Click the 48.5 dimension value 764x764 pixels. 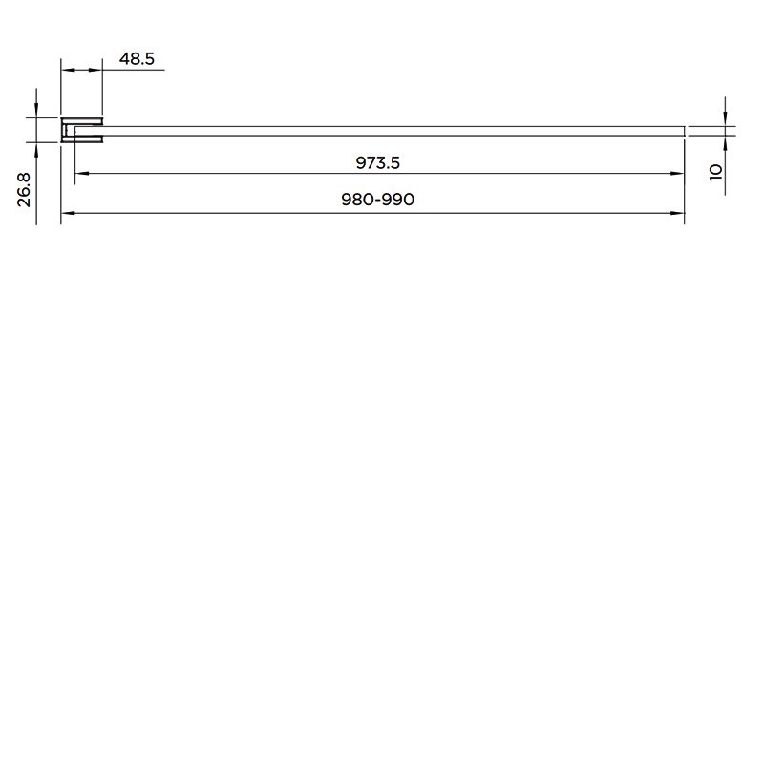[x=137, y=59]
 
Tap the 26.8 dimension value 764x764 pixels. [x=24, y=189]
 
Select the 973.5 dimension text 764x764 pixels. [x=377, y=162]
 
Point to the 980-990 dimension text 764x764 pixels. [x=377, y=200]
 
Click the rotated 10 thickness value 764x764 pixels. [x=715, y=172]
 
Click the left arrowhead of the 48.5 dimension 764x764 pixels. [x=68, y=70]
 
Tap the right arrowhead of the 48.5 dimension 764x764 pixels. [x=95, y=70]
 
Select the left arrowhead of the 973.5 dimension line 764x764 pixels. [x=82, y=173]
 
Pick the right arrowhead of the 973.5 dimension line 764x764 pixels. [x=678, y=173]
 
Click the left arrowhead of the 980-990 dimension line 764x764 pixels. [x=68, y=213]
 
